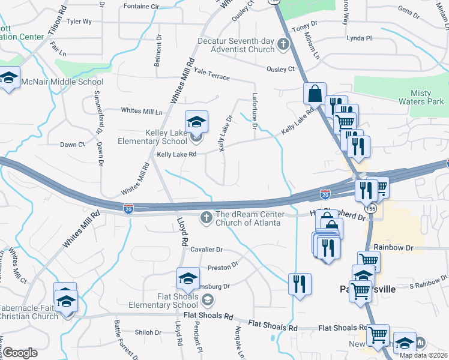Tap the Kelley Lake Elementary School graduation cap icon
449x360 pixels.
pos(196,122)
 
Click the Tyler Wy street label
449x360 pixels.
pos(79,22)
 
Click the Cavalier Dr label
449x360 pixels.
pos(207,250)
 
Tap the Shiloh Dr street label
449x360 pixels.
pos(148,332)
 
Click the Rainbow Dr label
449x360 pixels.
pos(394,247)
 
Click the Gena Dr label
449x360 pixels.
pos(408,11)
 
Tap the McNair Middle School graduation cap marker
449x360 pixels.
pos(10,80)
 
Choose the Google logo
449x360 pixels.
pos(20,353)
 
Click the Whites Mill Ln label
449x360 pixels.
pos(142,111)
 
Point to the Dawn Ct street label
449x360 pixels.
pos(73,145)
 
